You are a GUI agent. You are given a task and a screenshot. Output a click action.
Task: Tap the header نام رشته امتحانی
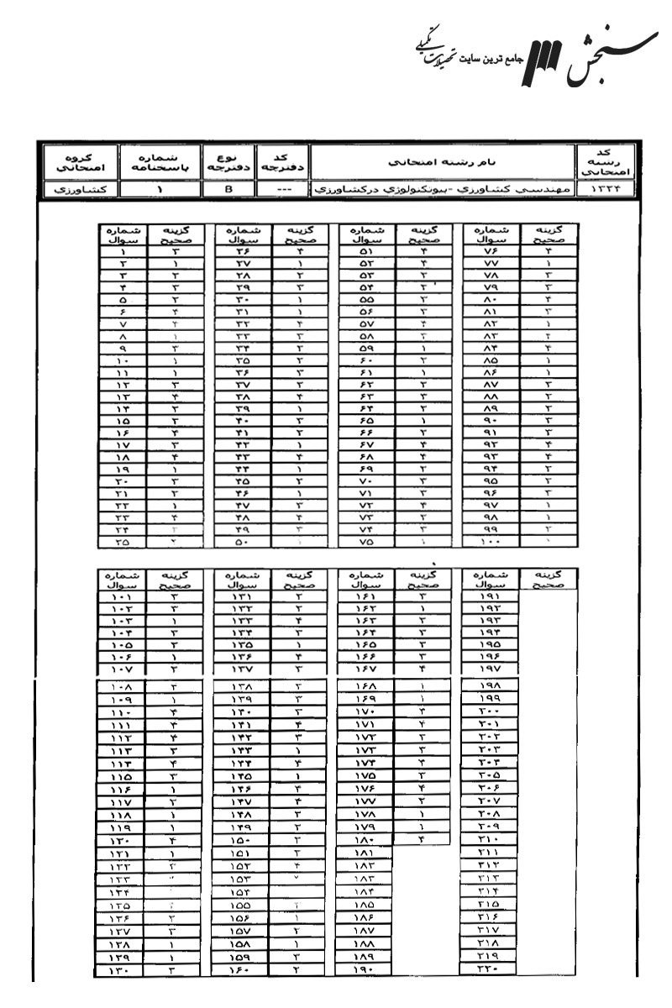(442, 160)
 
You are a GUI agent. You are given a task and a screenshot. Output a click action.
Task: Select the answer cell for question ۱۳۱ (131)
(299, 597)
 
